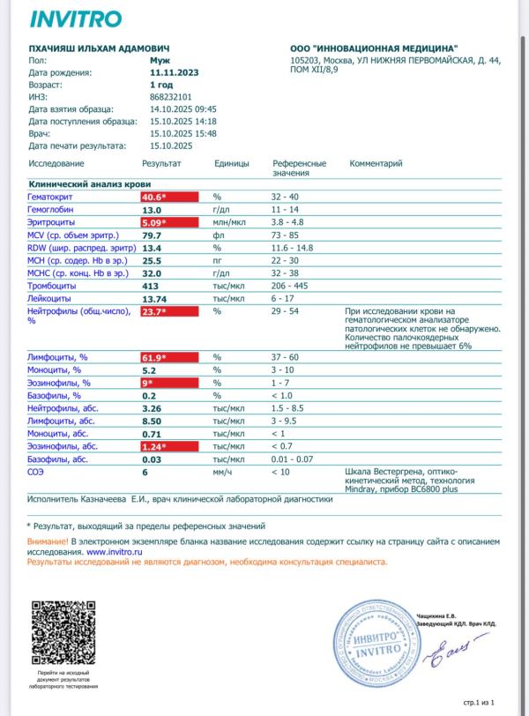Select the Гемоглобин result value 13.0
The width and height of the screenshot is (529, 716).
152,211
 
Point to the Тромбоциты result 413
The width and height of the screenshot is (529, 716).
151,287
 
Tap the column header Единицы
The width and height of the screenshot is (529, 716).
231,164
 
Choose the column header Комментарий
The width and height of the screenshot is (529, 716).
376,164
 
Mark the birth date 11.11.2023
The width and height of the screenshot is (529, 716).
174,73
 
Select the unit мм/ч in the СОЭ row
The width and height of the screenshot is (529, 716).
222,474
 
